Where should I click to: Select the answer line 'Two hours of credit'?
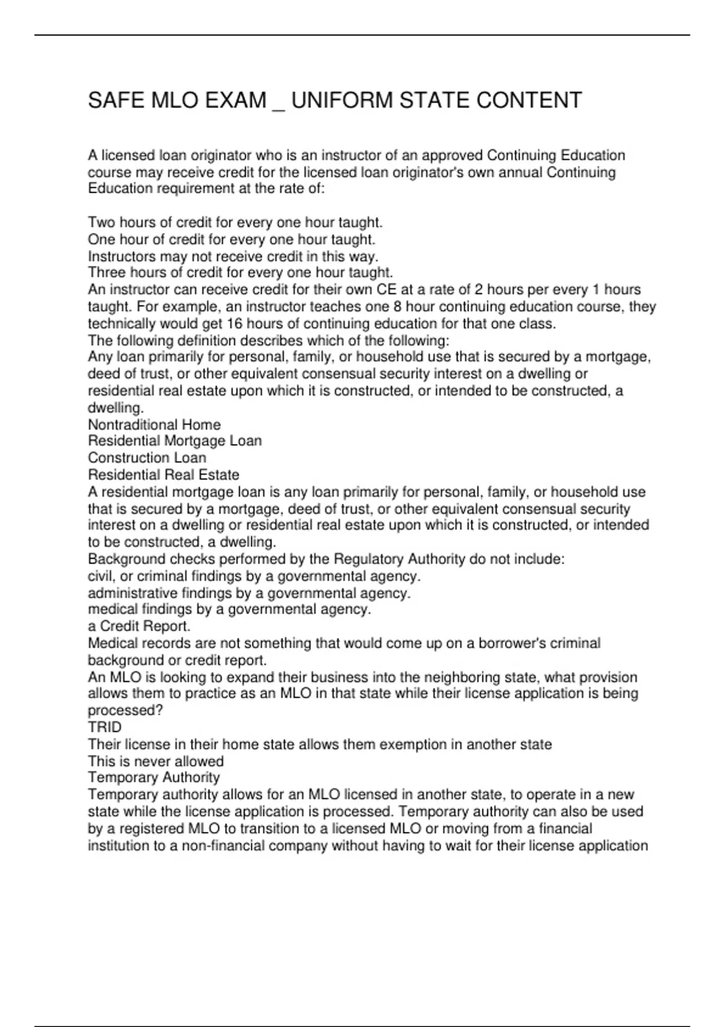[235, 222]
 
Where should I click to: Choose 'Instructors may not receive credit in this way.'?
[233, 256]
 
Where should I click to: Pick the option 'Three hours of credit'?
[240, 272]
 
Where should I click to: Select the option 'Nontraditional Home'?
[154, 425]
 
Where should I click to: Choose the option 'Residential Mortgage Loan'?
[175, 441]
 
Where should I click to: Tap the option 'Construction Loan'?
[147, 458]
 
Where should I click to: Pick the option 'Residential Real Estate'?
[163, 475]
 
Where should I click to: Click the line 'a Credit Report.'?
[139, 626]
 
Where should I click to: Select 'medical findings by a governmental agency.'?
[229, 609]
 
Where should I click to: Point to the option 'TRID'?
[105, 727]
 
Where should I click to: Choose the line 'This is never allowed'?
[155, 761]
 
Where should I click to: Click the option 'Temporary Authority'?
[153, 777]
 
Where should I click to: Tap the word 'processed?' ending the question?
[125, 710]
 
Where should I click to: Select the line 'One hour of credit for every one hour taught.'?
[231, 239]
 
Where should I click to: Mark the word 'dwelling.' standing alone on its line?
[116, 408]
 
